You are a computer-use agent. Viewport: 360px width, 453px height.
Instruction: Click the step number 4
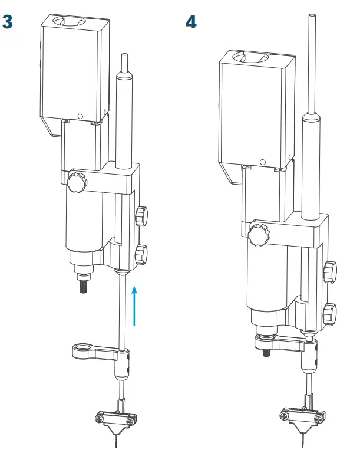191,23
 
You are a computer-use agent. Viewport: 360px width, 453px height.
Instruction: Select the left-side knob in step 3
76,182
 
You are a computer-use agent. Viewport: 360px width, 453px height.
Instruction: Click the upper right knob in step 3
141,216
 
